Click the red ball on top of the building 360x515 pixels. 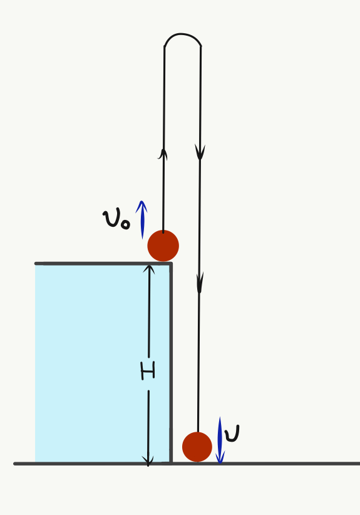163,246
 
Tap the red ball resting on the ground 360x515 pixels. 197,447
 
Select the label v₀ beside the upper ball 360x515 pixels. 116,219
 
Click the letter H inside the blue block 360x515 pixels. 148,371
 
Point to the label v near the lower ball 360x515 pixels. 232,434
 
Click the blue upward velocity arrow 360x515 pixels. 141,220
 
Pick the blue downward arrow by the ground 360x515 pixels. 220,440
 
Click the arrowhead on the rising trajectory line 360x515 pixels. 163,154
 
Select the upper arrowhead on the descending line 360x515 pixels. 200,152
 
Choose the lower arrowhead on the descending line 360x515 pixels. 200,283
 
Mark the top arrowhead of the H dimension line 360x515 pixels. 149,269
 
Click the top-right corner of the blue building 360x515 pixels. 171,263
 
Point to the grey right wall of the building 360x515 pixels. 171,363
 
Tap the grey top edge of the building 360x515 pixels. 103,263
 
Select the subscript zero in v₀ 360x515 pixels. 125,224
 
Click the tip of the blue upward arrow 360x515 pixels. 141,201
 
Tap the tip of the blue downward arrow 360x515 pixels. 220,463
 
